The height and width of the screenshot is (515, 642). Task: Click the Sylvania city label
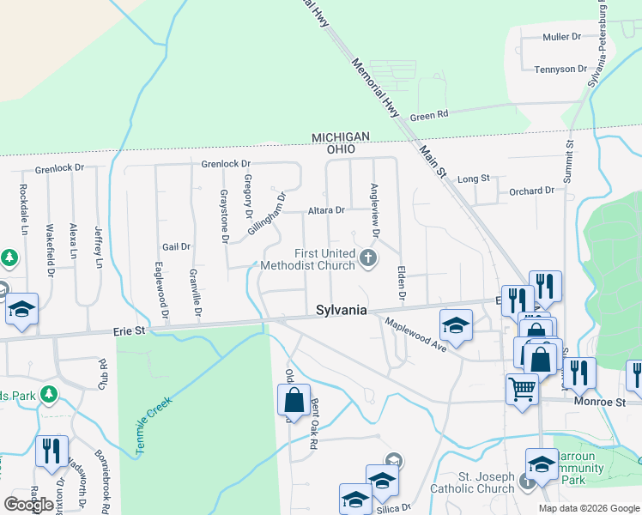coord(342,310)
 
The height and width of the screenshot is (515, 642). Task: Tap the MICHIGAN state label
coord(341,137)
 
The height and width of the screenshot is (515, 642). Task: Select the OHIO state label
coord(341,148)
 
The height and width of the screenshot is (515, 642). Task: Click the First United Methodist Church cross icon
coord(368,257)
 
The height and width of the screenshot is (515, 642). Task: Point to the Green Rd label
coord(429,115)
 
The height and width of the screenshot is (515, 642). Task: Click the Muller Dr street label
coord(562,37)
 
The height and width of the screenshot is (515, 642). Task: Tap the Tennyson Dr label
coord(560,69)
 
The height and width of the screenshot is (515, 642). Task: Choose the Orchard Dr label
coord(531,191)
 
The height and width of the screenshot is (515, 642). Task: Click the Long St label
coord(473,179)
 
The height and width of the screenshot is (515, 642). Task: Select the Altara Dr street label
coord(326,209)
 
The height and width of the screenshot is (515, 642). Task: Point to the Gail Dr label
coord(175,246)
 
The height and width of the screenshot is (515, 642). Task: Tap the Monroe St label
coord(607,401)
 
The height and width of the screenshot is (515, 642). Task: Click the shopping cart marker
coord(522,390)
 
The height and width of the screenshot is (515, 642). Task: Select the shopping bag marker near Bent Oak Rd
coord(294,400)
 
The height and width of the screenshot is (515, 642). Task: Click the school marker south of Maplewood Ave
coord(456,325)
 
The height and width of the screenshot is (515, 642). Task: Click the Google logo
coord(28,505)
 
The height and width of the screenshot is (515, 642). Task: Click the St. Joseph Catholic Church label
coord(474,483)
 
